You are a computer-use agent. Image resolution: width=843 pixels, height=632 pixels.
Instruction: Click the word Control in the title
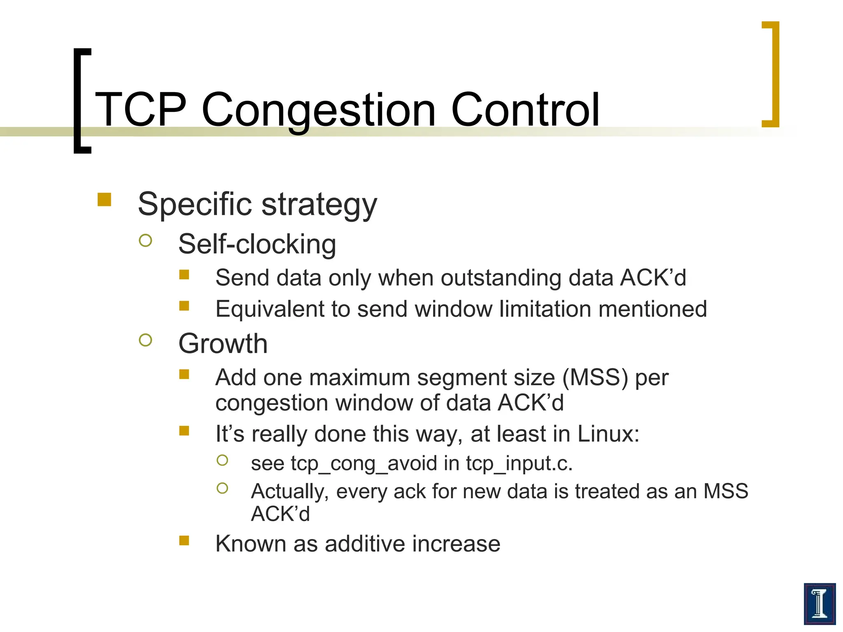coord(525,110)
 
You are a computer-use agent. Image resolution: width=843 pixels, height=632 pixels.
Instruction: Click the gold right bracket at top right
coord(772,74)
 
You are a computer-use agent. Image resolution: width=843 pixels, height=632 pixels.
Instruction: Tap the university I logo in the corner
coord(819,603)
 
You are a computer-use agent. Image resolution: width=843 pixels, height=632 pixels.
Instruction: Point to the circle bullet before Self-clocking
coord(145,240)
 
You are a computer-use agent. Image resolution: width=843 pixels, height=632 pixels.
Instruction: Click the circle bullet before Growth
coord(145,340)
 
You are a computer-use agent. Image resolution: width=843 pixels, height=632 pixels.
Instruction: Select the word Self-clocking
coord(257,244)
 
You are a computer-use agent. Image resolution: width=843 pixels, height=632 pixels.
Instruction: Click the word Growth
coord(223,344)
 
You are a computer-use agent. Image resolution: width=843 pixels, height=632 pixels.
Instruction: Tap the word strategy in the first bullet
coord(319,204)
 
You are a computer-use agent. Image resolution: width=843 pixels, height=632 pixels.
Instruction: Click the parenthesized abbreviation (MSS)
coord(595,378)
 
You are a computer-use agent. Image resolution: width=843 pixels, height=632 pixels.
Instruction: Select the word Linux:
coord(608,434)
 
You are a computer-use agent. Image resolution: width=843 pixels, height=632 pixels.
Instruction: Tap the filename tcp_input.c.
coord(519,464)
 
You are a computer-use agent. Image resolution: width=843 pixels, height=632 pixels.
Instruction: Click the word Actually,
coord(290,492)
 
